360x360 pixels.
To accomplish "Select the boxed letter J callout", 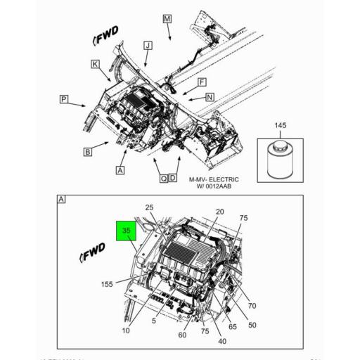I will point(147,46).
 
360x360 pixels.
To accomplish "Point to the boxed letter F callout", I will point(201,82).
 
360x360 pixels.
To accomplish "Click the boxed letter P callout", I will point(63,101).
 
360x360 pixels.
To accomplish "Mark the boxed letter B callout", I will point(88,151).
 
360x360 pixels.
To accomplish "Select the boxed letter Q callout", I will point(163,179).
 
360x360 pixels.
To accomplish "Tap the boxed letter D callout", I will point(172,179).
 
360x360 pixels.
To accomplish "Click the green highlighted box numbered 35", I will point(127,230).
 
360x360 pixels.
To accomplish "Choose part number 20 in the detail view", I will point(219,212).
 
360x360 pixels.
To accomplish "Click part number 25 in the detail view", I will point(149,207).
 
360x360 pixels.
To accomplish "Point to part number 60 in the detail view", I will point(182,335).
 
